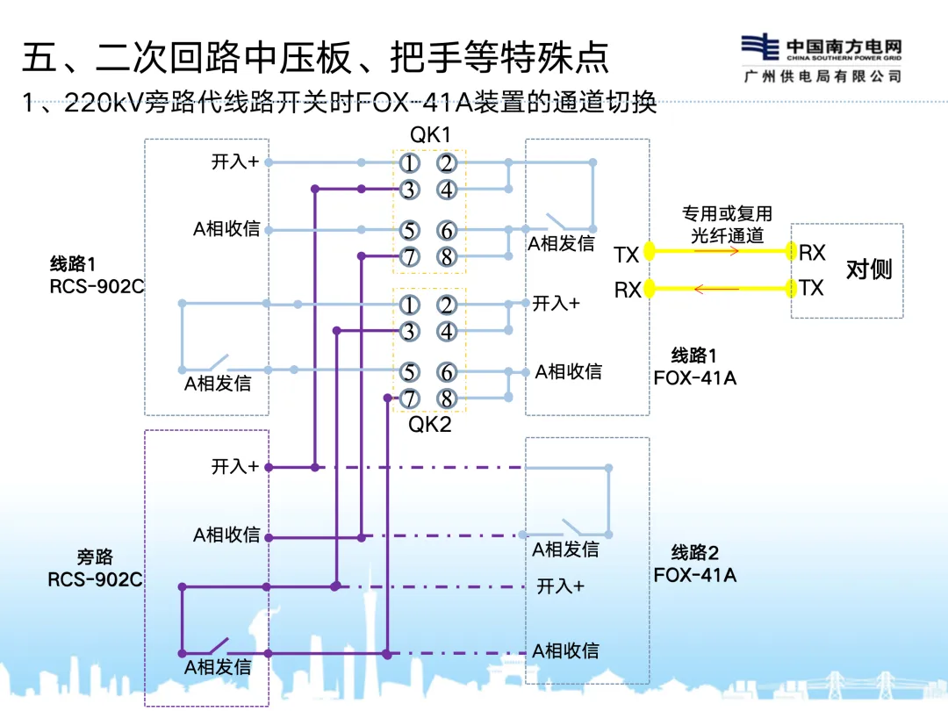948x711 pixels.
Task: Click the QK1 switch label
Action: click(x=429, y=135)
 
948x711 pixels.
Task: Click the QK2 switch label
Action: click(x=429, y=425)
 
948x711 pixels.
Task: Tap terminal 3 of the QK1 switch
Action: click(x=408, y=190)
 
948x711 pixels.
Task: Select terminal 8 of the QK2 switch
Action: click(x=447, y=399)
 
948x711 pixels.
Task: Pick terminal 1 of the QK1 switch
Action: click(x=408, y=163)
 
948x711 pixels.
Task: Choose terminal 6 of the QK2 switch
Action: click(x=447, y=372)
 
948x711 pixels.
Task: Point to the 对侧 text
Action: click(x=868, y=269)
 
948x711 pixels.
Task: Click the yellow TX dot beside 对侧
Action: click(x=793, y=288)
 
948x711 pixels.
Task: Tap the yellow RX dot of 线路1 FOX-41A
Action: click(x=650, y=289)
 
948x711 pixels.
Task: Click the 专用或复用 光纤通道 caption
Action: click(x=727, y=225)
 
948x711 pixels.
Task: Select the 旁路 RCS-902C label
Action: click(x=95, y=568)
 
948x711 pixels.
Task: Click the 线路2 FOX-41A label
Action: click(x=694, y=564)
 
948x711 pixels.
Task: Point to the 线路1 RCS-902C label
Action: click(x=96, y=274)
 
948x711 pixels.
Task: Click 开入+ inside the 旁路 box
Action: click(x=235, y=466)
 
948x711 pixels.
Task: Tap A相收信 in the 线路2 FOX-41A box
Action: click(x=566, y=650)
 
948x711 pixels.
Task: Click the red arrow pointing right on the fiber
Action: click(x=715, y=251)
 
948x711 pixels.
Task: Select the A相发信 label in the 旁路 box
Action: click(x=218, y=667)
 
